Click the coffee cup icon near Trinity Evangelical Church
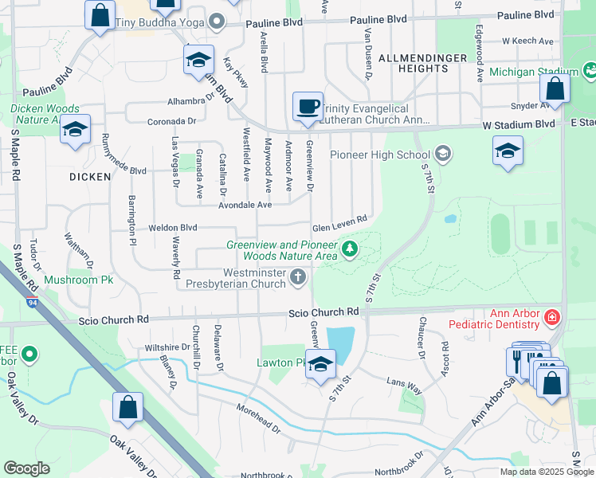click(x=308, y=106)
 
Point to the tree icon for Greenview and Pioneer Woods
click(x=349, y=250)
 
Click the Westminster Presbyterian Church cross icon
click(x=298, y=276)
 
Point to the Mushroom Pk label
click(x=79, y=280)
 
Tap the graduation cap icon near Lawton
click(x=320, y=366)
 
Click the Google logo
click(x=26, y=468)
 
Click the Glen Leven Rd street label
click(x=339, y=221)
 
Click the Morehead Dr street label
click(x=259, y=419)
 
